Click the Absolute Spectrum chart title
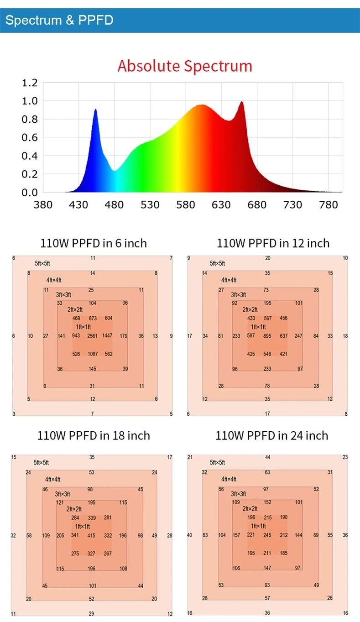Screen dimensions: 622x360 [x=185, y=66]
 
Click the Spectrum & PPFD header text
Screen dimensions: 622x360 [x=59, y=20]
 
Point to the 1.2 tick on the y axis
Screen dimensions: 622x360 [x=29, y=83]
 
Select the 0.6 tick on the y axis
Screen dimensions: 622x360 [x=29, y=138]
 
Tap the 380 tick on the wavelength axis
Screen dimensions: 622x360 [x=43, y=205]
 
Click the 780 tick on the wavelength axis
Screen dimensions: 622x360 [x=328, y=205]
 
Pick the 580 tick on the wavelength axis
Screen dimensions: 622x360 [x=185, y=205]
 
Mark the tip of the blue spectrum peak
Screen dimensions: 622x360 [x=95, y=110]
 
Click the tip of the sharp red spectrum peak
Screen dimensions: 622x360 [x=241, y=102]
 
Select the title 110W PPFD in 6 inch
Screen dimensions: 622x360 [x=94, y=243]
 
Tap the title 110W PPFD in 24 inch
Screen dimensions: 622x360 [x=271, y=436]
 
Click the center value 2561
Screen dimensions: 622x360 [x=92, y=336]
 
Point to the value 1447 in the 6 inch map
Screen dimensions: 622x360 [x=108, y=336]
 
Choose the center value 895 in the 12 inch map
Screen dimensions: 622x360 [x=267, y=336]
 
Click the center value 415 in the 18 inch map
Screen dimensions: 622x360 [x=92, y=535]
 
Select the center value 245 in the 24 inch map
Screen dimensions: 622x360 [x=267, y=535]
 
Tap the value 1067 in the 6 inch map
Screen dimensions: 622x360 [x=92, y=354]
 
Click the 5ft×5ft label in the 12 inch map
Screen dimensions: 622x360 [x=217, y=264]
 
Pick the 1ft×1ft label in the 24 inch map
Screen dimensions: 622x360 [x=258, y=526]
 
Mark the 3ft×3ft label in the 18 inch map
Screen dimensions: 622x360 [x=63, y=494]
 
